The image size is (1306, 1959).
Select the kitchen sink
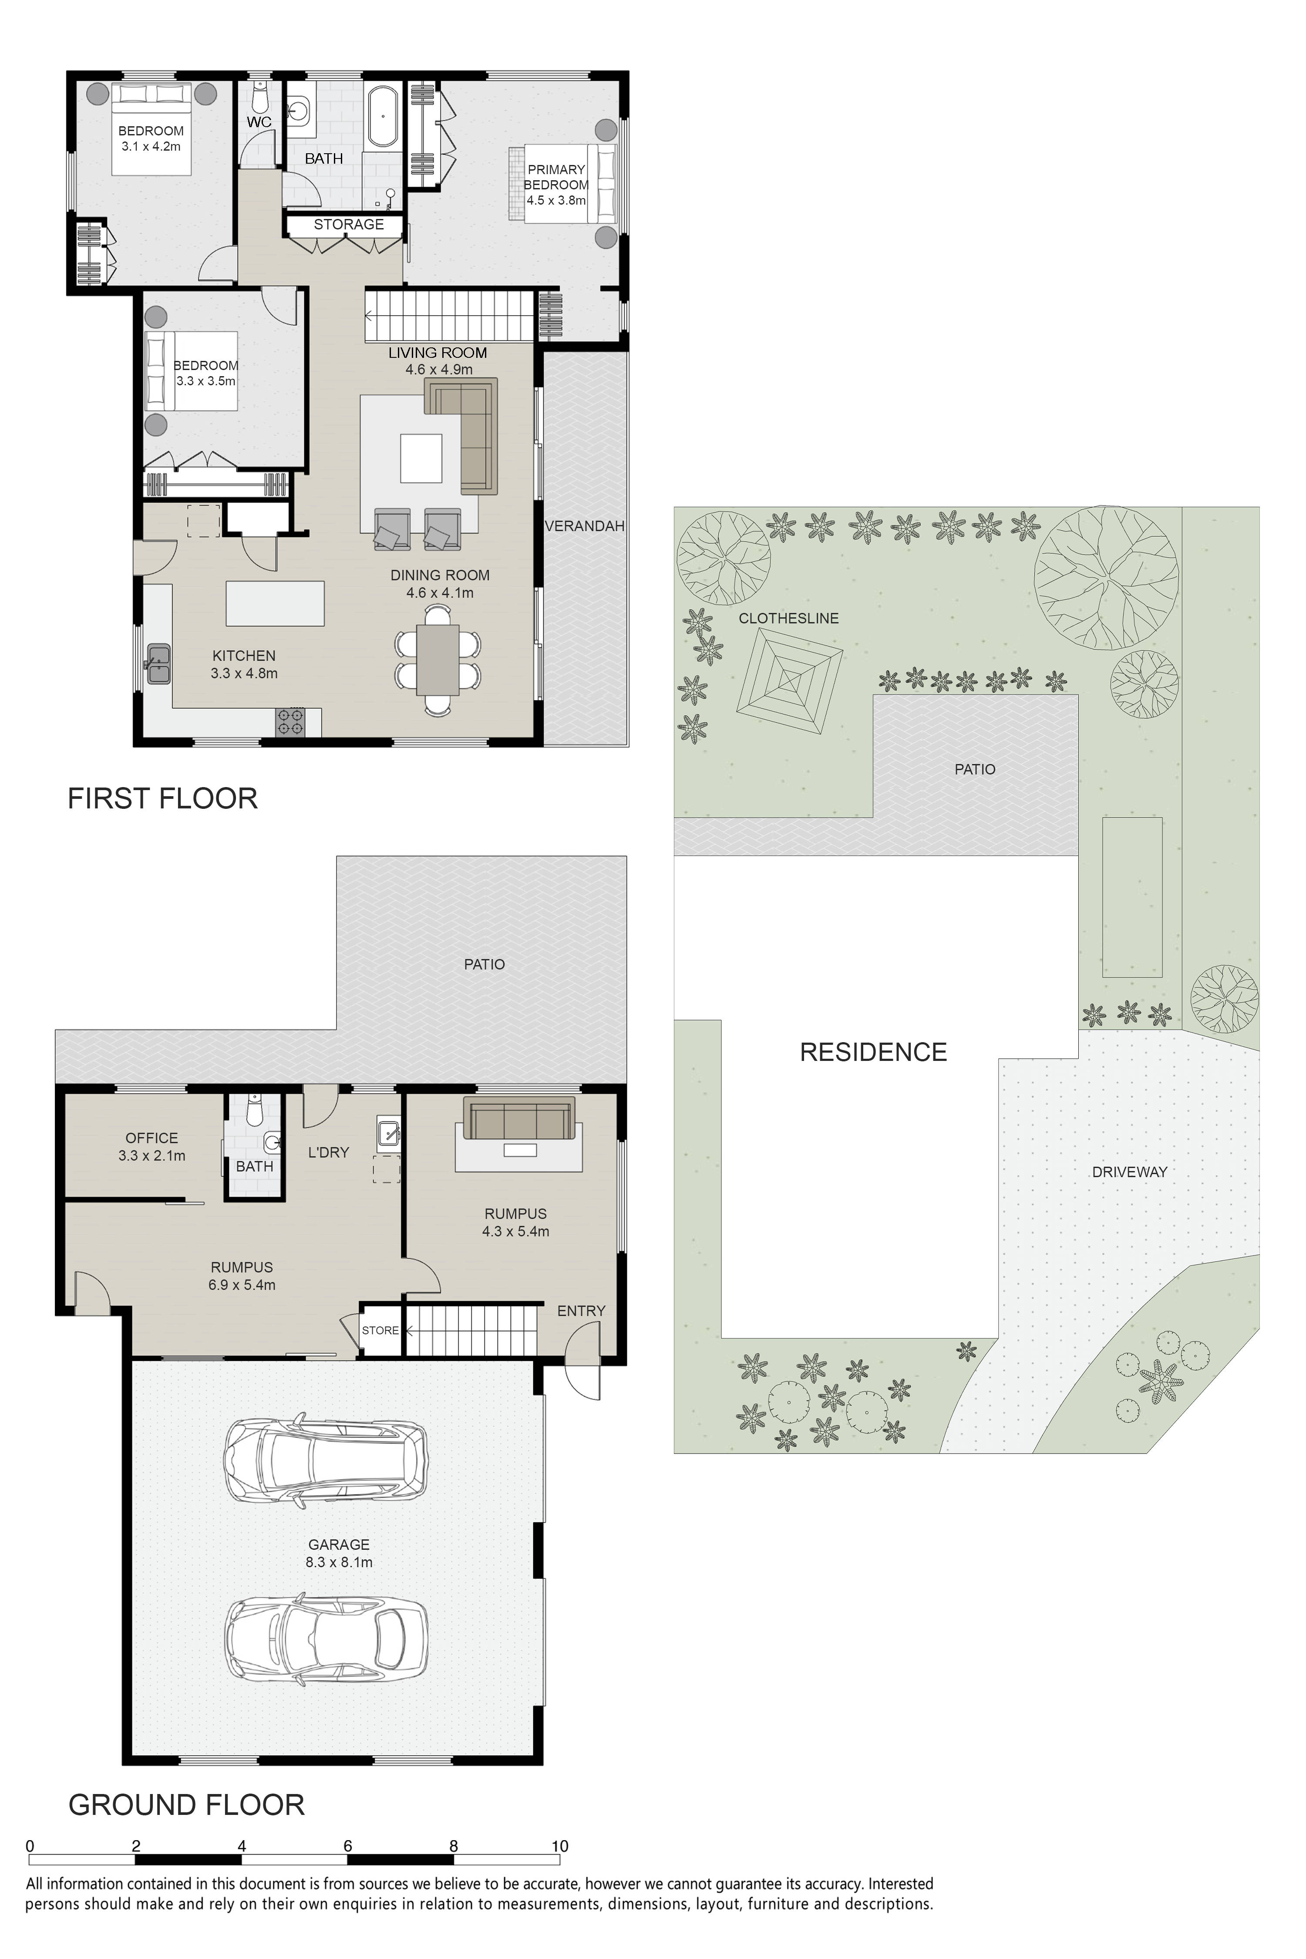point(158,664)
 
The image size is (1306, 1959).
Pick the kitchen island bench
point(275,603)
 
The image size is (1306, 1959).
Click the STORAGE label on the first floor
point(349,224)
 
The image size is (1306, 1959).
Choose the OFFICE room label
point(151,1138)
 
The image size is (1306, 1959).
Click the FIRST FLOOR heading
point(162,799)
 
